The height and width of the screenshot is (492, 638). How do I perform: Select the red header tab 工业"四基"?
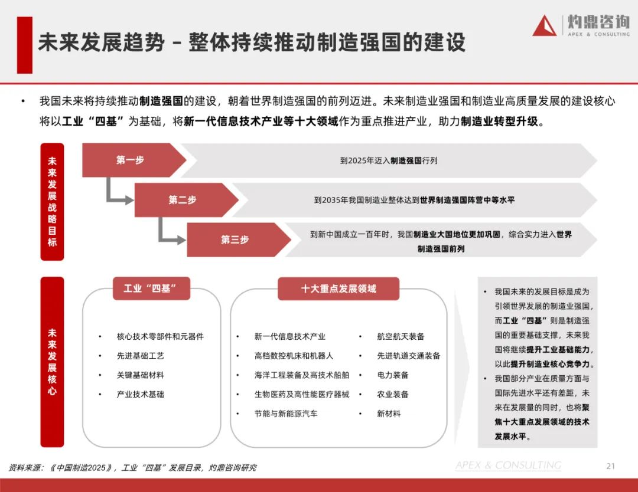(x=151, y=288)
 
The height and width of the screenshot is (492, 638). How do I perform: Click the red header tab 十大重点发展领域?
(x=338, y=288)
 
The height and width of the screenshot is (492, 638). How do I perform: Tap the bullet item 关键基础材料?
(x=141, y=375)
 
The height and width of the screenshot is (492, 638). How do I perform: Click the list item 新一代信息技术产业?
(x=290, y=336)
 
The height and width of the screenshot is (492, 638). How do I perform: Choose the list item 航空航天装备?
(x=401, y=336)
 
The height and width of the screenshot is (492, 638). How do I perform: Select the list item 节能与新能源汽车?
(x=286, y=414)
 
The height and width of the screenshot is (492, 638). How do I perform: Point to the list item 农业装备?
(x=393, y=394)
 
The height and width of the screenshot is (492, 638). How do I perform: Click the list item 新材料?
(x=389, y=414)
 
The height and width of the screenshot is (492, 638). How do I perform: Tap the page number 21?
(x=611, y=466)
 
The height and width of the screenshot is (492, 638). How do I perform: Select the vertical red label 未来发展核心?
(x=52, y=362)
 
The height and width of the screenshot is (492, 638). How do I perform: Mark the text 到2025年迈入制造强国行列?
(x=389, y=160)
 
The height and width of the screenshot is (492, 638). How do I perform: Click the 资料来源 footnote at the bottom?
(x=132, y=468)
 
